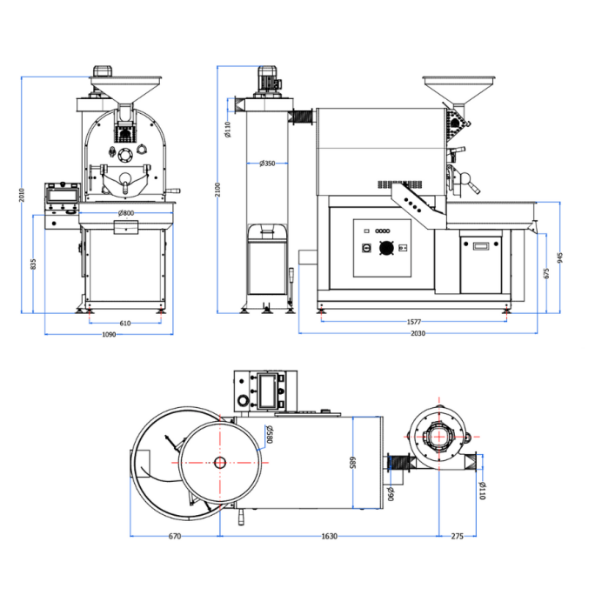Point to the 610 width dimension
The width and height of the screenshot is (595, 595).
[x=125, y=323]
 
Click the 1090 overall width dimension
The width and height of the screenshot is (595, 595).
[x=110, y=334]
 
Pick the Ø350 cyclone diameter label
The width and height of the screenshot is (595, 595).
[x=267, y=164]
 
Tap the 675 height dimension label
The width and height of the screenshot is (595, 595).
[x=545, y=273]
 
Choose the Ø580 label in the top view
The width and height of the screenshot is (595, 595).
[x=270, y=434]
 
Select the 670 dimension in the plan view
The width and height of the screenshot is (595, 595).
[x=174, y=537]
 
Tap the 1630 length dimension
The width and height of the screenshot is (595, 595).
[x=329, y=537]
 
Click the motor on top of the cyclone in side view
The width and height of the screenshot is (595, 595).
[x=267, y=80]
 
